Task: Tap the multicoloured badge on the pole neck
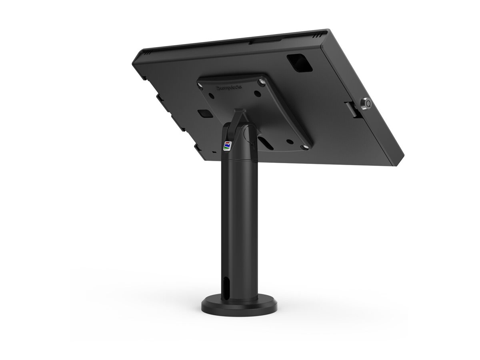pyautogui.click(x=227, y=146)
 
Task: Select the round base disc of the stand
pyautogui.click(x=238, y=306)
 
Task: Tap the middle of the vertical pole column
pyautogui.click(x=239, y=224)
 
